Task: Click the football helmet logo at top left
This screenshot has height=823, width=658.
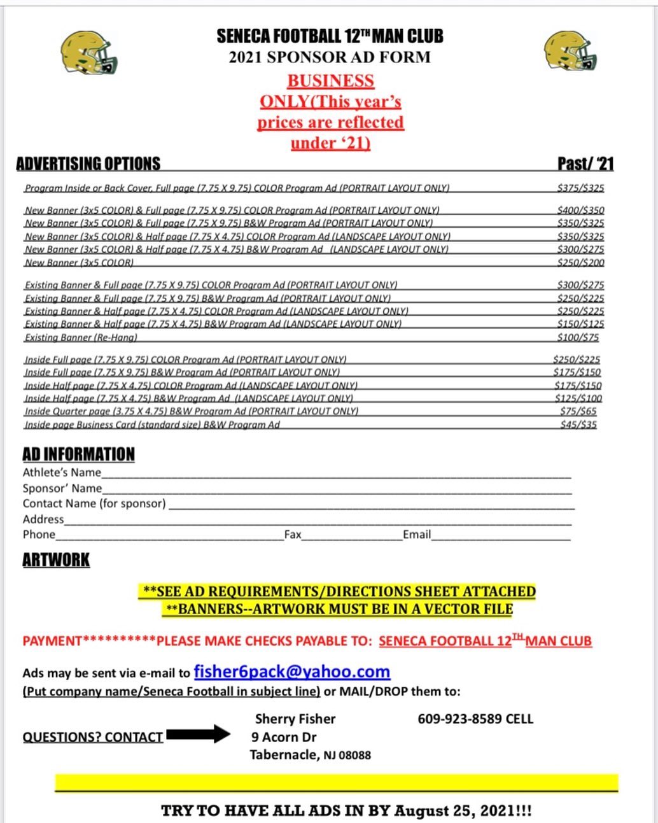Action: pos(89,52)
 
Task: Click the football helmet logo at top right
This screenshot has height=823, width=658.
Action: pos(570,51)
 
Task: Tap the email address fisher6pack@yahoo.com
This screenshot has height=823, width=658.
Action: pos(291,672)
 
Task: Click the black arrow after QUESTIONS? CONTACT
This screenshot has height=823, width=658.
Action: pos(198,734)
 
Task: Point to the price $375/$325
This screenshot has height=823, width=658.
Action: pos(580,188)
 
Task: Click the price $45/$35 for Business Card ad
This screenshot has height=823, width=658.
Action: pos(578,425)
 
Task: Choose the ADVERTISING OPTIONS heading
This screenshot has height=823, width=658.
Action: pos(88,164)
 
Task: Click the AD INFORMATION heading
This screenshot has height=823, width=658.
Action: pos(78,454)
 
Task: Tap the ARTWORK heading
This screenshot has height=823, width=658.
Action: pos(56,560)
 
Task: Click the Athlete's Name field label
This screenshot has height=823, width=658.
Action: pos(62,472)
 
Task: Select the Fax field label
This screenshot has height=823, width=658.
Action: pos(293,535)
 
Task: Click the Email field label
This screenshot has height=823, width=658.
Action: pos(416,535)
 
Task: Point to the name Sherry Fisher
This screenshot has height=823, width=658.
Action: pos(295,719)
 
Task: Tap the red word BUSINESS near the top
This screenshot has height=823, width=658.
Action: pos(330,81)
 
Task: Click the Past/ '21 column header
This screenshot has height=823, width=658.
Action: pos(585,164)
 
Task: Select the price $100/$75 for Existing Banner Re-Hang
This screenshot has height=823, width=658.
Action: pos(578,337)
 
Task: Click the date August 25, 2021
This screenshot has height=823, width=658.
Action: pos(451,811)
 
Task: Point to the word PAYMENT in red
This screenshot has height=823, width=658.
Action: pos(52,641)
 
